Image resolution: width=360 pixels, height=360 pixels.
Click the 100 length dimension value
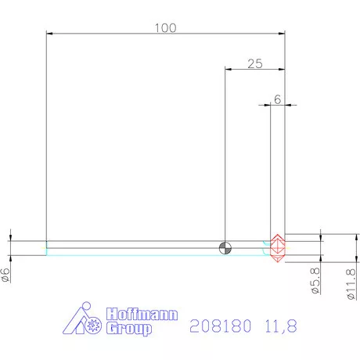click(164, 27)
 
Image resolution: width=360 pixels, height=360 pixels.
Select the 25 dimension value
click(254, 64)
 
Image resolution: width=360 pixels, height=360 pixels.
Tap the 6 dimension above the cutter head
click(277, 99)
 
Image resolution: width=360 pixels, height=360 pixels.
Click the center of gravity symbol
click(225, 248)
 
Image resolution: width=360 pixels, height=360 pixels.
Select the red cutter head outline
click(276, 247)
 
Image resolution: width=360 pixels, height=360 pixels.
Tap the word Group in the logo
click(128, 329)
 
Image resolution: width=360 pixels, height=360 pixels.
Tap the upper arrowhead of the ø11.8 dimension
click(356, 234)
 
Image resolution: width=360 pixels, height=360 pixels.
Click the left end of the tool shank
click(47, 247)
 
